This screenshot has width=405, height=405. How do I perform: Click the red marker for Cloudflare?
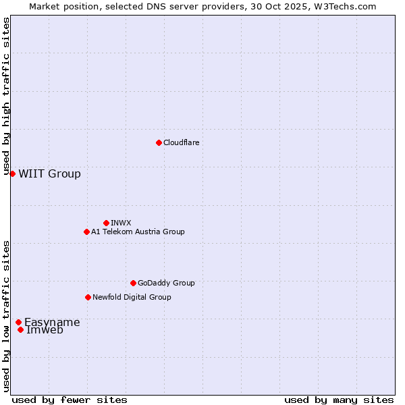(x=159, y=142)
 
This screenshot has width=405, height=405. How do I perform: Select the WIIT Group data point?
(x=12, y=173)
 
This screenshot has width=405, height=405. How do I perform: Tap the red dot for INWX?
(x=106, y=223)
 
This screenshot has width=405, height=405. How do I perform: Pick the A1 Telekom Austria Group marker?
(x=86, y=232)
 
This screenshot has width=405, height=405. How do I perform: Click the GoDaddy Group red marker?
(x=133, y=283)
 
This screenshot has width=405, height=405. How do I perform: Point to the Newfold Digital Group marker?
(x=88, y=297)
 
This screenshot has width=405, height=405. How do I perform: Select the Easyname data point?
(x=18, y=323)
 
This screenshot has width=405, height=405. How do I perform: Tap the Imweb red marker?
(x=20, y=329)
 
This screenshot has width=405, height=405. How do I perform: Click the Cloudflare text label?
(x=182, y=142)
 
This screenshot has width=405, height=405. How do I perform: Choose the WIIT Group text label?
(x=49, y=174)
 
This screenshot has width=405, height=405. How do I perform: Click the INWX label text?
(x=121, y=223)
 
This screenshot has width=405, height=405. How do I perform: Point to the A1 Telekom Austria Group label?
(x=138, y=232)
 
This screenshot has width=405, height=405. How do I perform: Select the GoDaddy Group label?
(x=166, y=283)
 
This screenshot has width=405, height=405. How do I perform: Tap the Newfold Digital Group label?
(x=132, y=297)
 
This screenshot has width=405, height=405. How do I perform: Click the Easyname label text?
(x=52, y=323)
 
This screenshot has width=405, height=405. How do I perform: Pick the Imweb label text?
(x=45, y=330)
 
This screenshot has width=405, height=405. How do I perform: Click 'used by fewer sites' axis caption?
(x=70, y=400)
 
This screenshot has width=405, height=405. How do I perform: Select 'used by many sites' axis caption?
(x=339, y=400)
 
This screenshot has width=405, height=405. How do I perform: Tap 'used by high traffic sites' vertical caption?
(x=7, y=97)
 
